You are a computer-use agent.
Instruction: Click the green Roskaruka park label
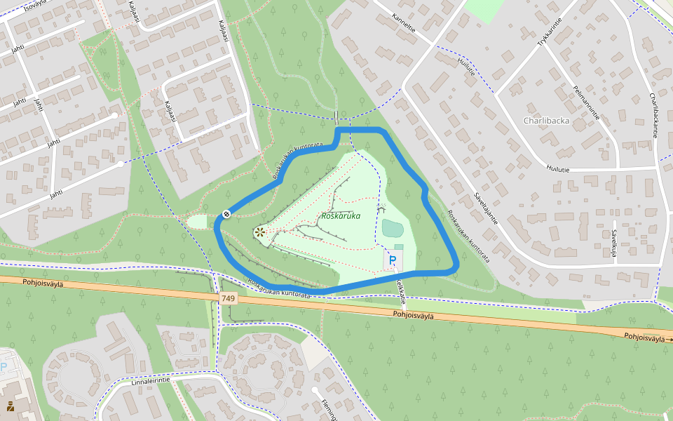click(340, 216)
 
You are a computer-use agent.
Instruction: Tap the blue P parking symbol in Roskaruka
click(393, 260)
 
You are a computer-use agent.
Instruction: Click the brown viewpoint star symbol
click(259, 232)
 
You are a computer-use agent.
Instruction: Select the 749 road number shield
click(229, 298)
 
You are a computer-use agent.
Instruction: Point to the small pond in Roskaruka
click(393, 228)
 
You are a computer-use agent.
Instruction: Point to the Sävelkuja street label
click(614, 243)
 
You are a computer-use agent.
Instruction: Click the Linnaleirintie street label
click(151, 382)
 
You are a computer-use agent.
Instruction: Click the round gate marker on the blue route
click(226, 213)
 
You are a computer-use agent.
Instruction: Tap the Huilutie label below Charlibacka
click(559, 169)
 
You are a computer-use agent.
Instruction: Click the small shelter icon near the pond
click(381, 208)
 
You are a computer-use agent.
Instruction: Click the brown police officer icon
click(10, 406)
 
